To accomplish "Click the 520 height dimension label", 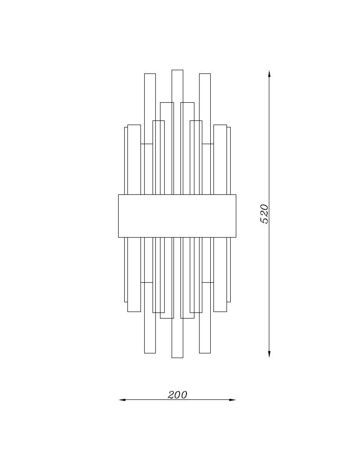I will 264,213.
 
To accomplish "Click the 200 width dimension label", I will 177,395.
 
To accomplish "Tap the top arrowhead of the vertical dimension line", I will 269,73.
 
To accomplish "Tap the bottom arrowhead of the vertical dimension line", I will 269,355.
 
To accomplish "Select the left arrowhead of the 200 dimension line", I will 122,399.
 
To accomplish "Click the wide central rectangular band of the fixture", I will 177,216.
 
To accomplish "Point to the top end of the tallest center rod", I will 177,71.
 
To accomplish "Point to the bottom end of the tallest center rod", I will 177,357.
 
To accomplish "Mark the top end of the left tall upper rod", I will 150,74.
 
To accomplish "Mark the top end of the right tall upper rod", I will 205,74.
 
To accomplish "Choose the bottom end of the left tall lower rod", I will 150,352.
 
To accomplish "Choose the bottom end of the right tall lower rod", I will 205,352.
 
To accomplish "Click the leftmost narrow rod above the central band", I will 126,160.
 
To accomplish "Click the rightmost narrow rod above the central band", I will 228,160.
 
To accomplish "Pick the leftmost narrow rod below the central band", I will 126,270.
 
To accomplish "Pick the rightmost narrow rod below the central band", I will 228,270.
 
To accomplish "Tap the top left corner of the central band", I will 119,195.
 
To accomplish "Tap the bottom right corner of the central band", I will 236,237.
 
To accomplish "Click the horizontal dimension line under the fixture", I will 149,399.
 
